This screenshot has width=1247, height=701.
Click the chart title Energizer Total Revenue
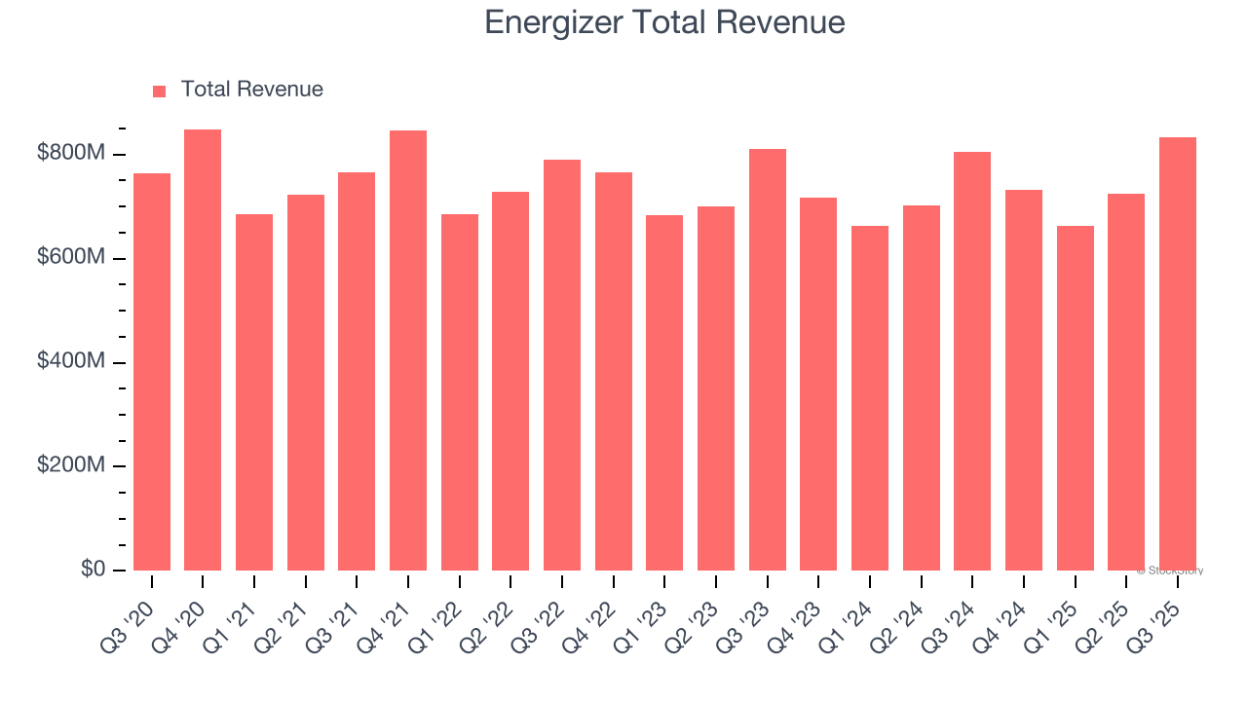664,22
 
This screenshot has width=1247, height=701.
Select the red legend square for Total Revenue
160,91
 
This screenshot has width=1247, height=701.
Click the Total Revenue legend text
251,90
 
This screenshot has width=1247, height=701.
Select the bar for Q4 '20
203,350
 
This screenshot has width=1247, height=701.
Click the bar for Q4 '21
408,350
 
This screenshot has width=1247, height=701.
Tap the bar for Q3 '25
1178,354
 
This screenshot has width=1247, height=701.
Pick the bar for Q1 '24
870,398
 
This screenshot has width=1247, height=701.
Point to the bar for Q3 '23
768,360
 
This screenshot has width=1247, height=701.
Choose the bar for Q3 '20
152,372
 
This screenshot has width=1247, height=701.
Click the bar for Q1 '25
1076,398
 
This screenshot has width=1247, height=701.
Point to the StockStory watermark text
1169,571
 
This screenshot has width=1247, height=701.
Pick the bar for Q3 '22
562,365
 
